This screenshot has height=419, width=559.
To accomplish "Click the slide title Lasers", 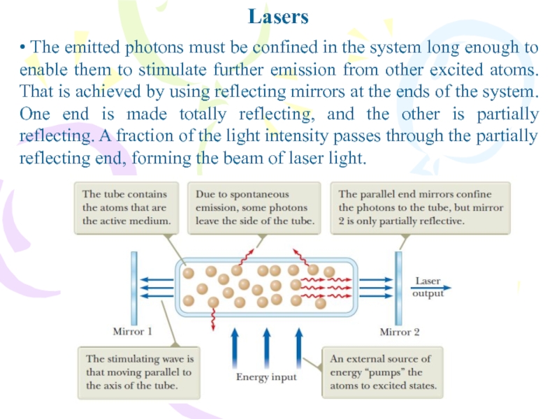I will pyautogui.click(x=278, y=16).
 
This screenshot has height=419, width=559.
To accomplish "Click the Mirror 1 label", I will pyautogui.click(x=132, y=331).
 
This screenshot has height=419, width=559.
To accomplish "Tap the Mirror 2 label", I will pyautogui.click(x=400, y=331).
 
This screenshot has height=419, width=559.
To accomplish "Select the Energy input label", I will pyautogui.click(x=266, y=377).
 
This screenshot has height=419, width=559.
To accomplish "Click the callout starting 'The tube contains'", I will pyautogui.click(x=126, y=207).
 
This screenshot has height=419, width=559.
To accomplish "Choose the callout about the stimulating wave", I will pyautogui.click(x=138, y=372).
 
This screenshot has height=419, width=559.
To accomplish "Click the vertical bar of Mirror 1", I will pyautogui.click(x=132, y=286).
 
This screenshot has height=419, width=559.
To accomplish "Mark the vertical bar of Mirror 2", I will pyautogui.click(x=399, y=286).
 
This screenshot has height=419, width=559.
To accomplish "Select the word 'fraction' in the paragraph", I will pyautogui.click(x=123, y=136).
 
